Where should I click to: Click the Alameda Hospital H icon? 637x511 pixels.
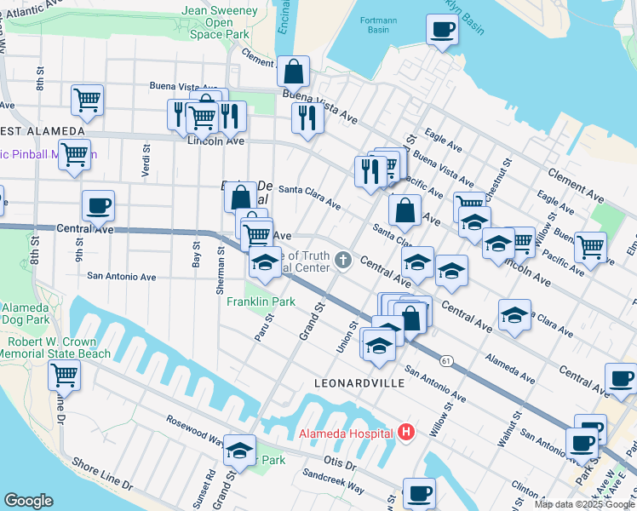tap(405, 433)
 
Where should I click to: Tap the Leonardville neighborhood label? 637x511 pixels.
tap(359, 384)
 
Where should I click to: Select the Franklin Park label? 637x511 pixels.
tap(261, 301)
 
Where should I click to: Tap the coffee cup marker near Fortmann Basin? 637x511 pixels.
tap(442, 31)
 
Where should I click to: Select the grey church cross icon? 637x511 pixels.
tap(343, 259)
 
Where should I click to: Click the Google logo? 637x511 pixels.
tap(28, 501)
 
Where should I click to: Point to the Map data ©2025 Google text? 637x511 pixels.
tap(583, 504)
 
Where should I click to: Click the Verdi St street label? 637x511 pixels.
tap(145, 158)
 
